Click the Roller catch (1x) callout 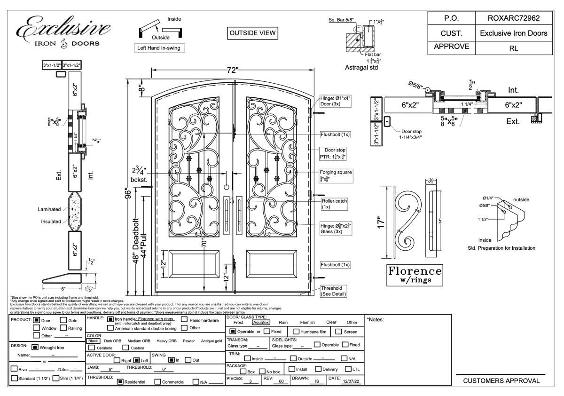tap(333, 204)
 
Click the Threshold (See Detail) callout tap(333, 291)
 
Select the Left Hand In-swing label tap(159, 48)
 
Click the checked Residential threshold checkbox tap(121, 382)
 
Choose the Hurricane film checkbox tap(296, 332)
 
